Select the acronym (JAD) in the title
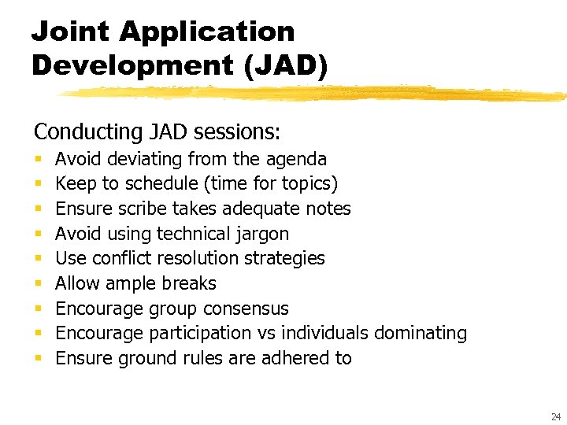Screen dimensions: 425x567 (286, 65)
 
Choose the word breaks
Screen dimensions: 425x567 (189, 283)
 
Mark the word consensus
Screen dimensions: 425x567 (247, 309)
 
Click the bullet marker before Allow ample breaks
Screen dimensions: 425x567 (38, 284)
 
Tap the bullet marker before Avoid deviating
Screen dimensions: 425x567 (38, 160)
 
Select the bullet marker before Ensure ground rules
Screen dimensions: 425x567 (38, 359)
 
